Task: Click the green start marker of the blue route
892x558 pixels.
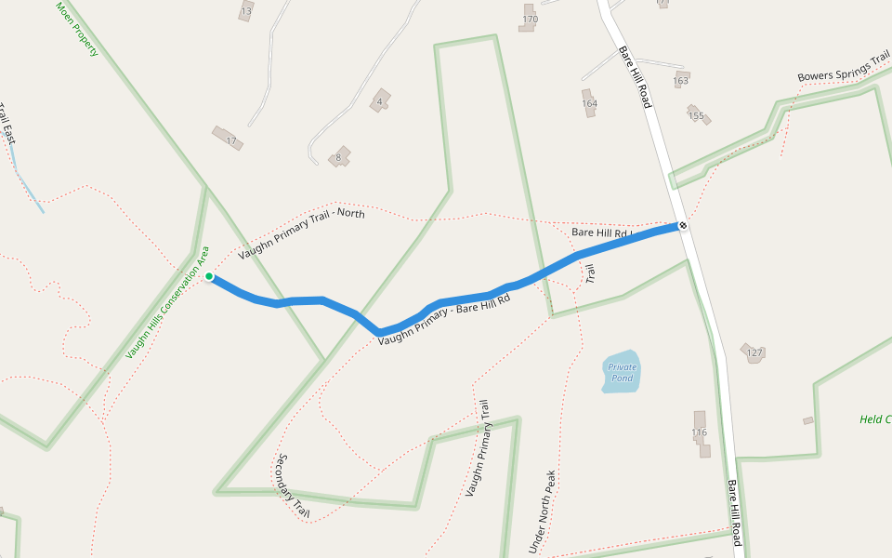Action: tap(209, 276)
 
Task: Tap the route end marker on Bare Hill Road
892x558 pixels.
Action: tap(683, 225)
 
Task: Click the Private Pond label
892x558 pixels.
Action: tap(622, 372)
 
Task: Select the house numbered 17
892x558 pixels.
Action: tap(227, 138)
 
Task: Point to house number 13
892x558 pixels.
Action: tap(246, 11)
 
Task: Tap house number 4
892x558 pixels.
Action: tap(380, 100)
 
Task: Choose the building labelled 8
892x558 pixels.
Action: tap(341, 155)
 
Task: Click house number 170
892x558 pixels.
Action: tap(530, 19)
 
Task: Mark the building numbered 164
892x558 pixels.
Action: tap(589, 101)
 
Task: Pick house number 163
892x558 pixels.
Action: tap(681, 80)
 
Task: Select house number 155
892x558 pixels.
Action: tap(697, 114)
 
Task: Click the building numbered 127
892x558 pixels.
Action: tap(752, 352)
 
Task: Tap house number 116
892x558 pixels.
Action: tap(700, 432)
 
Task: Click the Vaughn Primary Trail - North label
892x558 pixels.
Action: tap(301, 233)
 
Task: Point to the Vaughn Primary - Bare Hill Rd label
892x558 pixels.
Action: tap(444, 321)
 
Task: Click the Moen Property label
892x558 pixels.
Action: tap(77, 29)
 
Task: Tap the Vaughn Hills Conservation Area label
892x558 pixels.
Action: tap(168, 303)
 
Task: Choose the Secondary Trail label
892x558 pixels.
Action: tap(293, 485)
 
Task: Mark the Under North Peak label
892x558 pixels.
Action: tap(543, 511)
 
